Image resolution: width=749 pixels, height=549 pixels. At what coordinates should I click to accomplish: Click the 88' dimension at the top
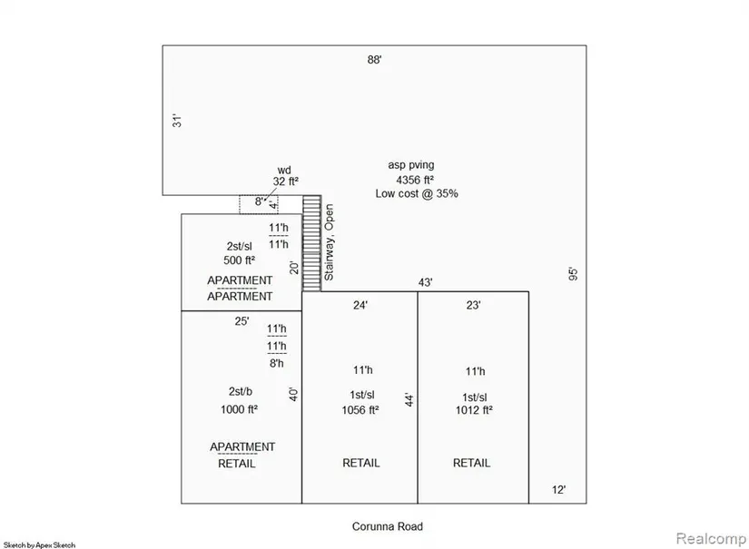374,60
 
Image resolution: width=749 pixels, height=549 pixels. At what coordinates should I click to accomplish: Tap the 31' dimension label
177,121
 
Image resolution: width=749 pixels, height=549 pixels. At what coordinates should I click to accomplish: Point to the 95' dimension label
573,274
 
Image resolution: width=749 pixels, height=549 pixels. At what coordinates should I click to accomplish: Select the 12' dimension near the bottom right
559,490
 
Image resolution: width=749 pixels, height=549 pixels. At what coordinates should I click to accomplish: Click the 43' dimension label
425,282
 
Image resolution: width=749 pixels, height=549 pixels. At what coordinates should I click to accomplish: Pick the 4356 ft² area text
415,180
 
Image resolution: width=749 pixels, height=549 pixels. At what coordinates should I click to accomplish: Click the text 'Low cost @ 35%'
417,193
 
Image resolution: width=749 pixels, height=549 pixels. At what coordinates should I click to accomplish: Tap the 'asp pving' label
411,165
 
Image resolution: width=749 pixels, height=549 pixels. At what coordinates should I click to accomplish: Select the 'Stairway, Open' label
330,242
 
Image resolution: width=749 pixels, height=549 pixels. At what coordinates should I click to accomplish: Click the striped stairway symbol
312,243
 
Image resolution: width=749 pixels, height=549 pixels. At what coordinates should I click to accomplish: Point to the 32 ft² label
286,181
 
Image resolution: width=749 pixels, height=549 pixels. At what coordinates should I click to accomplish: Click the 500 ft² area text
240,260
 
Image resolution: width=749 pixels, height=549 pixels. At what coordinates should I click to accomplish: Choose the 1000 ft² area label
240,409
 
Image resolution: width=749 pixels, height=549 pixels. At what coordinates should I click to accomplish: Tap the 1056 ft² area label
360,410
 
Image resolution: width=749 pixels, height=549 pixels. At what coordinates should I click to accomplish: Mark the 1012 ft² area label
474,410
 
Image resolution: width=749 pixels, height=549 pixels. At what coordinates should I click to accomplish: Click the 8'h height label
277,363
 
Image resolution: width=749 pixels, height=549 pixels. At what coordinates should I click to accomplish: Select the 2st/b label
241,391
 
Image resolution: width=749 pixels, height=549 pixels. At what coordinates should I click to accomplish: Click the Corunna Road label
388,526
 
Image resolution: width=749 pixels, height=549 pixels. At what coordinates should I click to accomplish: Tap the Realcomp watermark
711,539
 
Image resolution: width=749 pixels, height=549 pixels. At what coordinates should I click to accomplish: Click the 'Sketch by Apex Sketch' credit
39,544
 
